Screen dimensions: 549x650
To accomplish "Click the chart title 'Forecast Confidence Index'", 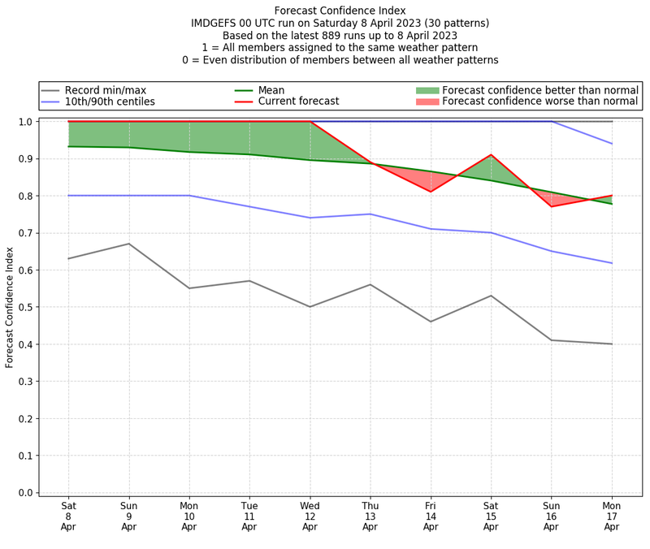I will pos(340,11).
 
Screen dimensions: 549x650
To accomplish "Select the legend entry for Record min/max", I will pos(106,90).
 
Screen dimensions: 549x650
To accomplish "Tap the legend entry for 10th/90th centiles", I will pos(110,102).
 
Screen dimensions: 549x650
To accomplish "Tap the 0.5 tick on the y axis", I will pos(25,307).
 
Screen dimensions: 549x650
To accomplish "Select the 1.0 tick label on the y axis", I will pos(25,122).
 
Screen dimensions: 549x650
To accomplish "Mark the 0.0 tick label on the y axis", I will pos(25,493).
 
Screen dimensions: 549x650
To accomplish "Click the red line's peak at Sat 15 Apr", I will pos(491,154).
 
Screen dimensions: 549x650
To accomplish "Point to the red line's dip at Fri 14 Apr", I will pos(431,192).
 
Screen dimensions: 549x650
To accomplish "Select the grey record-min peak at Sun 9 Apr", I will pos(129,244).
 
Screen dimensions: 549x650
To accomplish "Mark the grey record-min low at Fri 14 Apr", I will pos(431,322).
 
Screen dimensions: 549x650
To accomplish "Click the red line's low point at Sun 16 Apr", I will pos(552,206).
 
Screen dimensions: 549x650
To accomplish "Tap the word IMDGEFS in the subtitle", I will pos(214,24).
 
